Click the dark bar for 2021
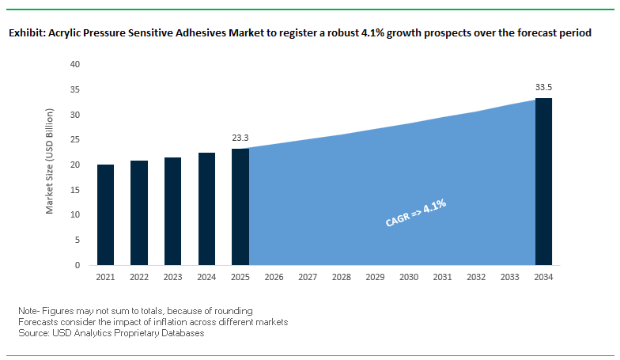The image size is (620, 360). (x=105, y=214)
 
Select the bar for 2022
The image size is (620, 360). (x=139, y=213)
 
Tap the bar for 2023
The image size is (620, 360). (x=173, y=211)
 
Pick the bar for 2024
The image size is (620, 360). (x=206, y=209)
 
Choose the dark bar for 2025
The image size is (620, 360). (x=240, y=207)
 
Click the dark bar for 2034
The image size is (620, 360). (x=543, y=181)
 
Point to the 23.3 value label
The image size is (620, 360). (x=240, y=138)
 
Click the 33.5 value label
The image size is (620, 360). (x=543, y=87)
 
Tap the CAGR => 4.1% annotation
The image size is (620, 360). (x=416, y=214)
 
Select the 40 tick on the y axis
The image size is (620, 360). (x=76, y=64)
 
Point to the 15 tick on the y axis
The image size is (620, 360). (x=76, y=190)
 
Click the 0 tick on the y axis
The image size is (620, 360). (x=78, y=265)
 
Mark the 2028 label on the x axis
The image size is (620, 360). (x=342, y=278)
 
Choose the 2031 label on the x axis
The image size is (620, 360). (x=443, y=278)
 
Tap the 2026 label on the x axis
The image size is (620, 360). (x=274, y=278)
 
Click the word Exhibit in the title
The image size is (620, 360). (x=25, y=34)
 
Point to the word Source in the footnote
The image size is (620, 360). (x=33, y=333)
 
